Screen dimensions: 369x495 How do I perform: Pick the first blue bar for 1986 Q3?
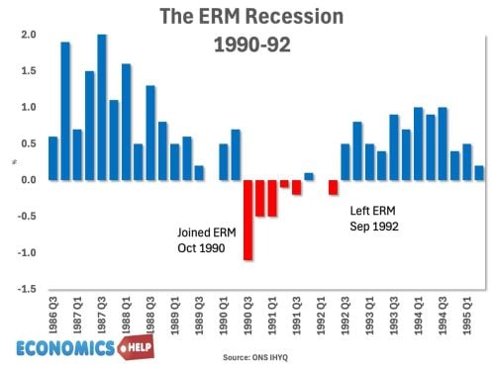[x=52, y=157]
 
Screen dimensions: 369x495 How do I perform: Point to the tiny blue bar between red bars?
[x=308, y=176]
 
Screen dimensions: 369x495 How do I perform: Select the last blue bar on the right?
[x=478, y=172]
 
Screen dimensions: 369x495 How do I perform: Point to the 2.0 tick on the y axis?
[x=28, y=35]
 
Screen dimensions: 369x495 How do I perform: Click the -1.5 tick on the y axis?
[x=27, y=289]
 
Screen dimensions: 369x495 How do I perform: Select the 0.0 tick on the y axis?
[x=28, y=180]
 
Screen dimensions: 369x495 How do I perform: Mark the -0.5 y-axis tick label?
[x=27, y=217]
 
